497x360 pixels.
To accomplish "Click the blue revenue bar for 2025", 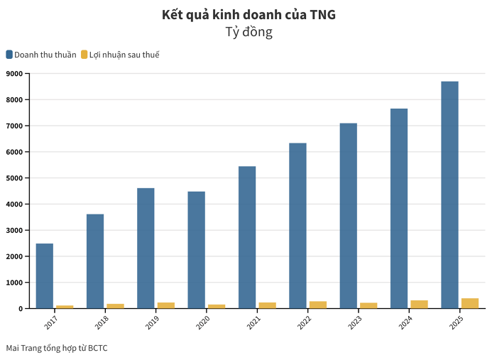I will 449,195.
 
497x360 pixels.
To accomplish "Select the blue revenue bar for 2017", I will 44,276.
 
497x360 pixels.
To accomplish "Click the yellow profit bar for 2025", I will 470,303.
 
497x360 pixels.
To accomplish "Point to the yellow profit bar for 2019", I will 166,305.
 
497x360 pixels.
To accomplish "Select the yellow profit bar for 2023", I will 368,305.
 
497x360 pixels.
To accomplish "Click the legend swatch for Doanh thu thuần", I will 9,55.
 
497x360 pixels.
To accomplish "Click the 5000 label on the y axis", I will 15,178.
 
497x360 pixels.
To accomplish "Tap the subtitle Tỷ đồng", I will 248,32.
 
